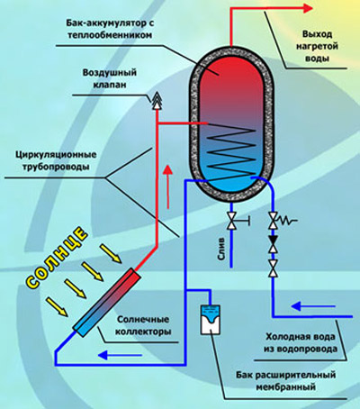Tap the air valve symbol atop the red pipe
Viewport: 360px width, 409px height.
[157, 101]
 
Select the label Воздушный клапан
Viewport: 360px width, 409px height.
[110, 78]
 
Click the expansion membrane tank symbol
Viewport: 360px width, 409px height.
[211, 320]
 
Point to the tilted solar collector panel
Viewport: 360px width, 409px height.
[106, 302]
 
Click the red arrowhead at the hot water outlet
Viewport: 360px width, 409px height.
[308, 8]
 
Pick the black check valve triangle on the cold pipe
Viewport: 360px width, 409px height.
[273, 240]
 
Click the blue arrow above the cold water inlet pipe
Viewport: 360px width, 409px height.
[313, 306]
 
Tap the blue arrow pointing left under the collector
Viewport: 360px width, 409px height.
[120, 355]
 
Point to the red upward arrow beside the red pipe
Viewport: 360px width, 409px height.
[168, 187]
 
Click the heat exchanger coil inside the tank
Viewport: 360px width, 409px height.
[231, 151]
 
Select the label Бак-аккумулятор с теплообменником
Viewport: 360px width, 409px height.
[110, 29]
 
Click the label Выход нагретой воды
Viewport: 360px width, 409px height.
[317, 46]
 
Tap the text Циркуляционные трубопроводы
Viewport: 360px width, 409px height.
[56, 160]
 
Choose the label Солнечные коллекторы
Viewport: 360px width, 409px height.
[144, 325]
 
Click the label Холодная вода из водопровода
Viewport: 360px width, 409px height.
[301, 343]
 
